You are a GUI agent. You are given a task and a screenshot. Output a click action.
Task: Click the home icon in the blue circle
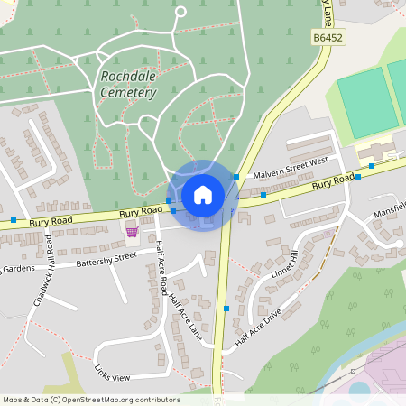point(202,194)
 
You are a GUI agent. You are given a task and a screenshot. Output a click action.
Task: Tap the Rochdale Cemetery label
point(125,84)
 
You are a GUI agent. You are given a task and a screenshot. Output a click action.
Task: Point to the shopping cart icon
point(133,232)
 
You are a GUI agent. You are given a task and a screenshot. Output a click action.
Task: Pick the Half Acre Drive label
point(258,330)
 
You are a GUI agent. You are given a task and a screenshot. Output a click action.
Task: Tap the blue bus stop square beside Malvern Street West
point(236,177)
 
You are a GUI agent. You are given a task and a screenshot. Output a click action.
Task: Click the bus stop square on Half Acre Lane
point(226,309)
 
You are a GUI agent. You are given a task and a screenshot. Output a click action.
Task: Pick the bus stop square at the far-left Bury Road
point(14,220)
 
